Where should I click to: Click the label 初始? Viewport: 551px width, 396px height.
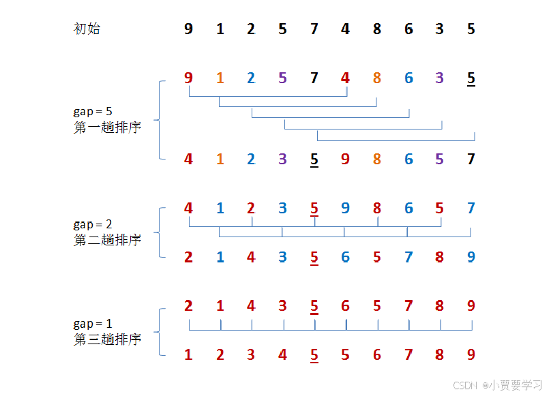87,29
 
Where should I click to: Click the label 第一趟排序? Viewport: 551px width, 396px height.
107,127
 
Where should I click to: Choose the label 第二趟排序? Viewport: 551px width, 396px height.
107,240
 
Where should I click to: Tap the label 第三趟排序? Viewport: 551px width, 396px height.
107,339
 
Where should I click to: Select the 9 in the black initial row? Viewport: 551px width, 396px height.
188,29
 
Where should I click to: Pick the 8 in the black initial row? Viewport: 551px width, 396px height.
377,29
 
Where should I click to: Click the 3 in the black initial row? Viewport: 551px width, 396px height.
440,29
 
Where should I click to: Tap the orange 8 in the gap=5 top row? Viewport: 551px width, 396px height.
377,78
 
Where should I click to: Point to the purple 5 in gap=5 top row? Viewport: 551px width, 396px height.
282,78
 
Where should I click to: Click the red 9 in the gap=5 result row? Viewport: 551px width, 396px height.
345,159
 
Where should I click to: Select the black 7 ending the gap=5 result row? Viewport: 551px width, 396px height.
471,159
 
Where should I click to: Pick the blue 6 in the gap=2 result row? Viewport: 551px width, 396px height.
345,257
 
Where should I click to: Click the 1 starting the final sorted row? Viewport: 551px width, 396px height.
188,354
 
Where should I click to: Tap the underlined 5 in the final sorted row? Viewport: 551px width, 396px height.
314,354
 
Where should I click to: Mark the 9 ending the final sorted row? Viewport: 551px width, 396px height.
471,354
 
